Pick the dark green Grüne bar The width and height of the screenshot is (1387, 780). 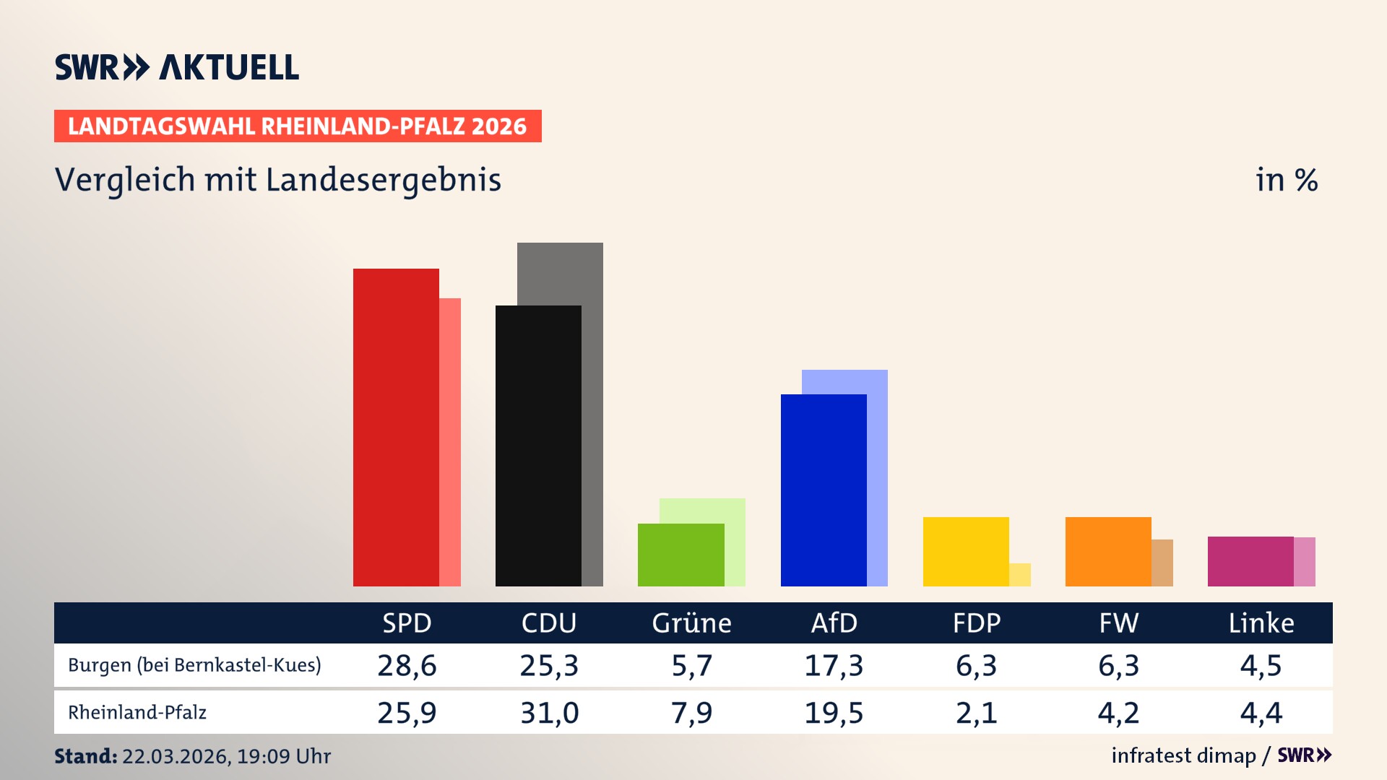pyautogui.click(x=680, y=555)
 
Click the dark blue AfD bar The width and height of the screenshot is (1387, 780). pyautogui.click(x=824, y=490)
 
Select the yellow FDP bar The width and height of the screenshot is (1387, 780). pyautogui.click(x=966, y=551)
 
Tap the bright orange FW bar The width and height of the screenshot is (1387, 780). pyautogui.click(x=1108, y=551)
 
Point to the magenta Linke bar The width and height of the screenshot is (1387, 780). pyautogui.click(x=1250, y=561)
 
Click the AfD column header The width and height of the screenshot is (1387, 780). pyautogui.click(x=834, y=623)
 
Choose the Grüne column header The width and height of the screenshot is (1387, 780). pyautogui.click(x=691, y=623)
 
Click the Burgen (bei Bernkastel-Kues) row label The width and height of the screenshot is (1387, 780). pyautogui.click(x=194, y=665)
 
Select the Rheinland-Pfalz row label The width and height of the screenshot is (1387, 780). pyautogui.click(x=137, y=713)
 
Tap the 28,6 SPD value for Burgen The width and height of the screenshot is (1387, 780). pyautogui.click(x=407, y=665)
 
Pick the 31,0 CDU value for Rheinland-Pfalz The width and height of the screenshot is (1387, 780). pyautogui.click(x=549, y=713)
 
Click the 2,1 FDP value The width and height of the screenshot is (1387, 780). pyautogui.click(x=976, y=713)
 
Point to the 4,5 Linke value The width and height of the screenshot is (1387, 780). pyautogui.click(x=1261, y=665)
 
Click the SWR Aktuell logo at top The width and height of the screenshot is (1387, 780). pyautogui.click(x=177, y=67)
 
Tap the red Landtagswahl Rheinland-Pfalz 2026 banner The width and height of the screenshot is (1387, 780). pyautogui.click(x=298, y=126)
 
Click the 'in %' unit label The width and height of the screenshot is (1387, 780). pyautogui.click(x=1287, y=180)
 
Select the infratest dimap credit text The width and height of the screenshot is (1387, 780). pyautogui.click(x=1183, y=755)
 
